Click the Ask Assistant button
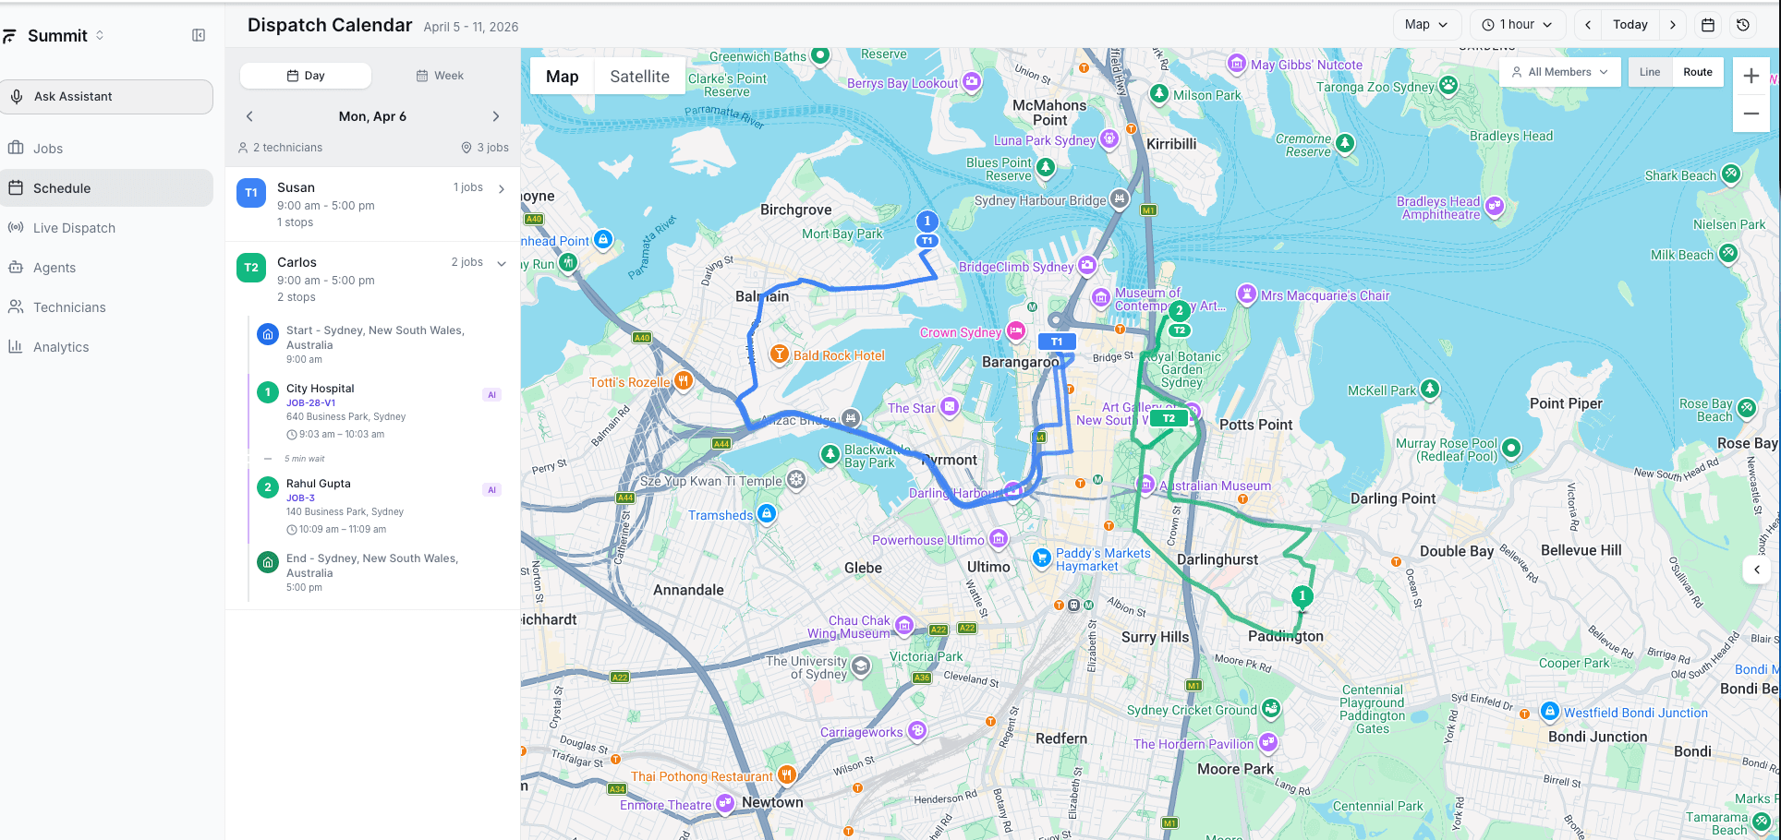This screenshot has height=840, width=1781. pos(106,97)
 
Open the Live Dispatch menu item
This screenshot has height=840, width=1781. pos(74,228)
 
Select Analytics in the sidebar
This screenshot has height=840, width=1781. pos(61,347)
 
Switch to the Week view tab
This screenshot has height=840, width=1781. pos(440,76)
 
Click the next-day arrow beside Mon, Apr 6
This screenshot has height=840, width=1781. pos(496,116)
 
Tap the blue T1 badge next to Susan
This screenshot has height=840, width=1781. pos(251,193)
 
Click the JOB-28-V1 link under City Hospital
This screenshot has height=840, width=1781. pos(310,403)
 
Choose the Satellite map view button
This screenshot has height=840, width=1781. pos(639,77)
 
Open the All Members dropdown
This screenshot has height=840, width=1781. pos(1559,72)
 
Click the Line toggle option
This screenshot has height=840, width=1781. pos(1650,72)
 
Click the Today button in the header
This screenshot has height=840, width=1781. pos(1630,25)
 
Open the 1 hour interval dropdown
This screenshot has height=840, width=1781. pos(1517,25)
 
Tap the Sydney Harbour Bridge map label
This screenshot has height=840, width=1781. pos(1040,200)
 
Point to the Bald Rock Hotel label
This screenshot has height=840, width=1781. pos(839,355)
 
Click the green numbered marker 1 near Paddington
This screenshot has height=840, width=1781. pos(1302,596)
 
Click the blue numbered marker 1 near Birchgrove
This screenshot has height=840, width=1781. pos(927,222)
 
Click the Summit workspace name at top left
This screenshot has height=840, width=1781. pos(57,36)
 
